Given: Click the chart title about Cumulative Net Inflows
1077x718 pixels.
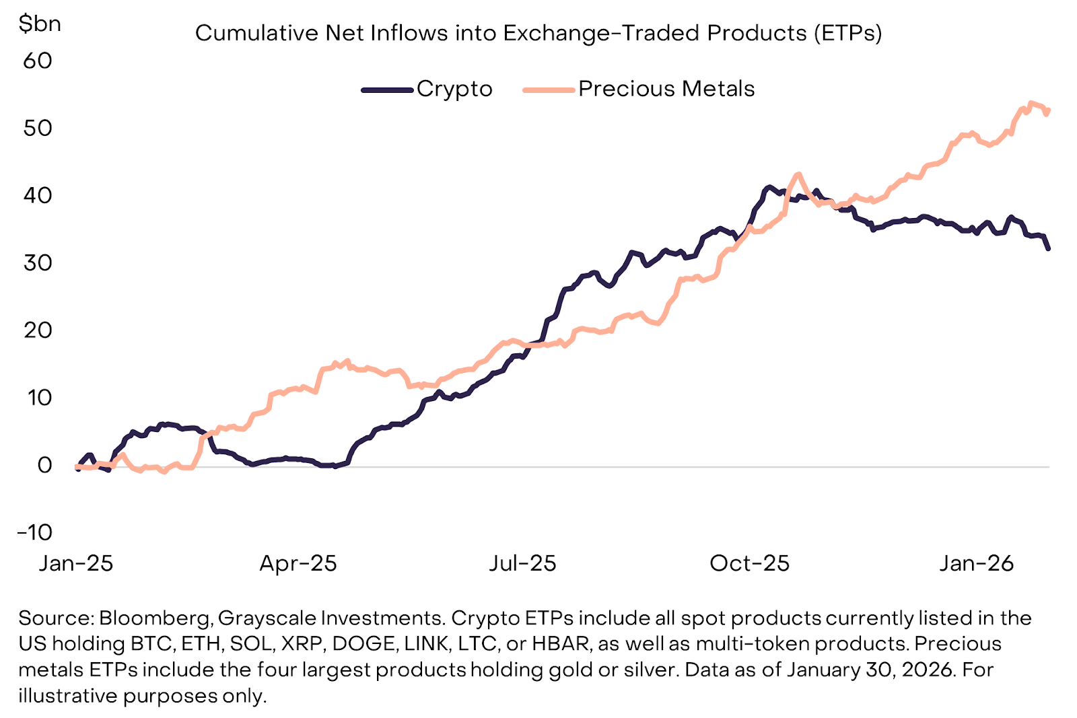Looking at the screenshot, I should click(x=538, y=33).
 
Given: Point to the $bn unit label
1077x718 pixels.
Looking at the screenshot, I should click(x=40, y=24).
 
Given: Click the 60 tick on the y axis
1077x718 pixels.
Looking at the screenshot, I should click(x=38, y=61).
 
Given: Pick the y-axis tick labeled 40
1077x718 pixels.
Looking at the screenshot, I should click(x=38, y=196).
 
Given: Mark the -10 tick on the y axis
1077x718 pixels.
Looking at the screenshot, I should click(x=35, y=533).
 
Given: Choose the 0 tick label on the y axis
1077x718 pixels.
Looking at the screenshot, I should click(x=44, y=465).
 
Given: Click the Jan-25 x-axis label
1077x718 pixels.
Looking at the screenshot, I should click(x=76, y=563).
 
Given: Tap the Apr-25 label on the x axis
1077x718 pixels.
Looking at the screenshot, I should click(x=298, y=563).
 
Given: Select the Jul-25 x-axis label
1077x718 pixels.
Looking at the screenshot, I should click(x=523, y=563).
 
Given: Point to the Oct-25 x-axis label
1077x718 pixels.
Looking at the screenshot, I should click(x=749, y=563).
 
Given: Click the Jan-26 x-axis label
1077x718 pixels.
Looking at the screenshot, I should click(x=976, y=563).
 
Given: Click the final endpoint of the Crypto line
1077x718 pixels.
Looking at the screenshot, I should click(x=1048, y=248).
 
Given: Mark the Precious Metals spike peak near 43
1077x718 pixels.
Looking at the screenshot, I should click(x=798, y=174).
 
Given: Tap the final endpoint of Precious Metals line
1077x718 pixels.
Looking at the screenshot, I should click(x=1048, y=110).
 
